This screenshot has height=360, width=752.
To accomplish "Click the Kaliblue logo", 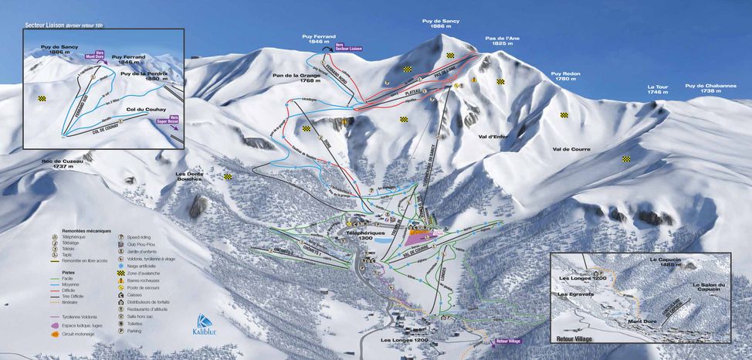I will coord(204,324).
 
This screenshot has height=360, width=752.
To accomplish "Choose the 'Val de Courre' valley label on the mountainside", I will coord(570,148).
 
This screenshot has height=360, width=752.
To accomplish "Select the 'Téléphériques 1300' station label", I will coord(364,235).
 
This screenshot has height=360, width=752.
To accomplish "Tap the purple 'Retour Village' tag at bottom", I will coord(508,341).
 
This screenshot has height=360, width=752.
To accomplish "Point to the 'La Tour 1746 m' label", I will coord(657,90).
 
